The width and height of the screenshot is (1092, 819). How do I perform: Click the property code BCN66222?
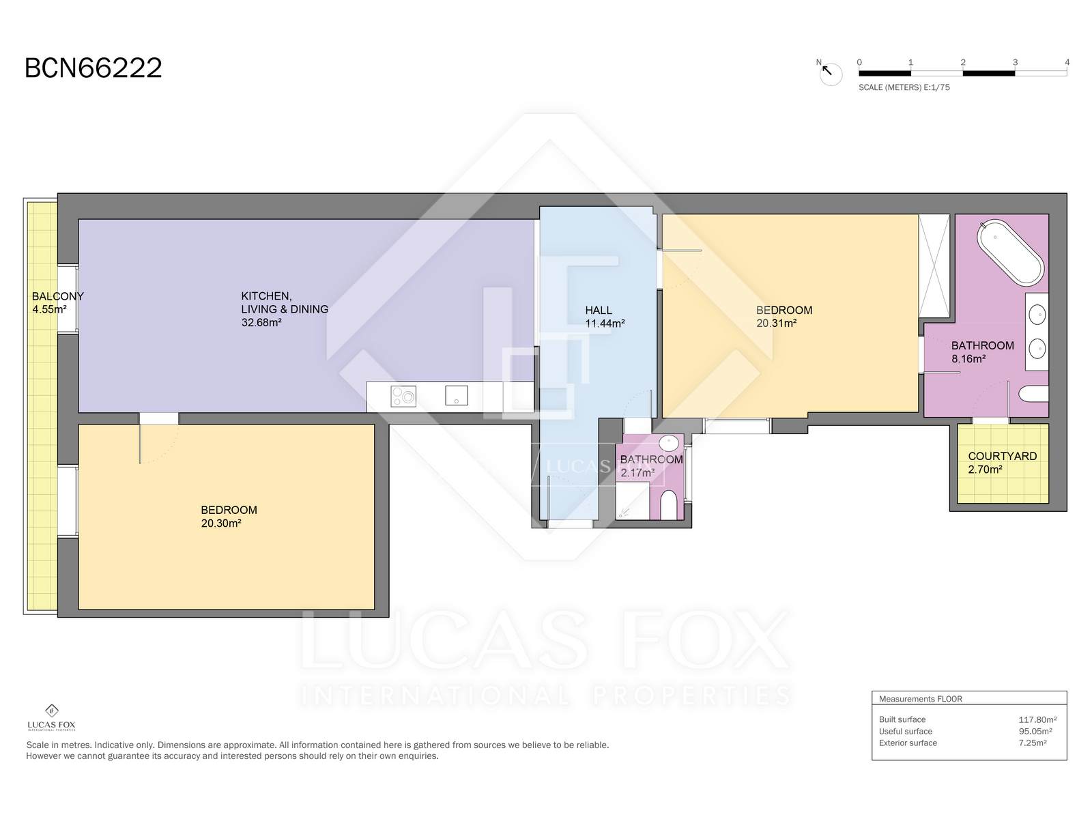(x=93, y=68)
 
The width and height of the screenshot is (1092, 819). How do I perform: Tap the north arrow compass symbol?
(x=829, y=72)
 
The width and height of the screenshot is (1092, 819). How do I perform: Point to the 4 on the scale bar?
(x=1067, y=62)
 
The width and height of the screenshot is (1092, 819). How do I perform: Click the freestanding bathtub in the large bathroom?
(x=1011, y=253)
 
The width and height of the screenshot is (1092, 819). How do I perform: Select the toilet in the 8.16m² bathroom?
(x=1034, y=394)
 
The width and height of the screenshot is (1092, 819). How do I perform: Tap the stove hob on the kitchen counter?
(x=403, y=397)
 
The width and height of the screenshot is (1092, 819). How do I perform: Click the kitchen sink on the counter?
(x=456, y=395)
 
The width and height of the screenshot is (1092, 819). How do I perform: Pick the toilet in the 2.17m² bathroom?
(x=668, y=505)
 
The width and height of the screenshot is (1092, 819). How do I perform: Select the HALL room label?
(x=599, y=311)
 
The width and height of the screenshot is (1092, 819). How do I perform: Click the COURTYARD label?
(x=1003, y=456)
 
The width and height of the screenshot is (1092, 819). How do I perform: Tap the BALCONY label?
(x=58, y=296)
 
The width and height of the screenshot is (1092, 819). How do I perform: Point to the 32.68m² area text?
(x=261, y=323)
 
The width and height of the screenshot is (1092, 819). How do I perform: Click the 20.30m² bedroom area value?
(x=221, y=523)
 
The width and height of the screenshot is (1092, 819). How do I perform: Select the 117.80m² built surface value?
(x=1037, y=719)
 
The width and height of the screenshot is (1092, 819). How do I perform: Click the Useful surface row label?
(x=906, y=731)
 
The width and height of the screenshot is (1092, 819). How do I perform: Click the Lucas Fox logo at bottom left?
(x=51, y=718)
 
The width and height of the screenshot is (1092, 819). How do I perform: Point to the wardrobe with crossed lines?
(x=934, y=265)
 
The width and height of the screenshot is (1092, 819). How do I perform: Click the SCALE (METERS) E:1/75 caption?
(x=904, y=87)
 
